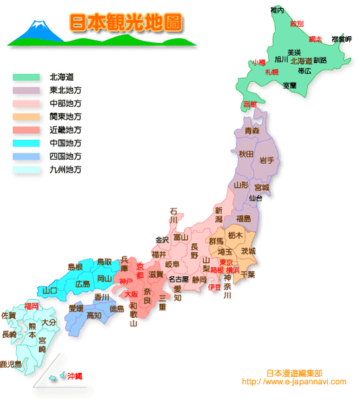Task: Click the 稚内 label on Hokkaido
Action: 277,10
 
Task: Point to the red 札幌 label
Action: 271,71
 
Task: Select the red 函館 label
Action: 250,104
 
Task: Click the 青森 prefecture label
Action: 252,130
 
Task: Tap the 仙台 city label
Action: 255,198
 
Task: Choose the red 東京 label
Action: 226,262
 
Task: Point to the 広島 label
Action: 83,284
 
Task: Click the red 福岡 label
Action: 31,306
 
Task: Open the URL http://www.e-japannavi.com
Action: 294,382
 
